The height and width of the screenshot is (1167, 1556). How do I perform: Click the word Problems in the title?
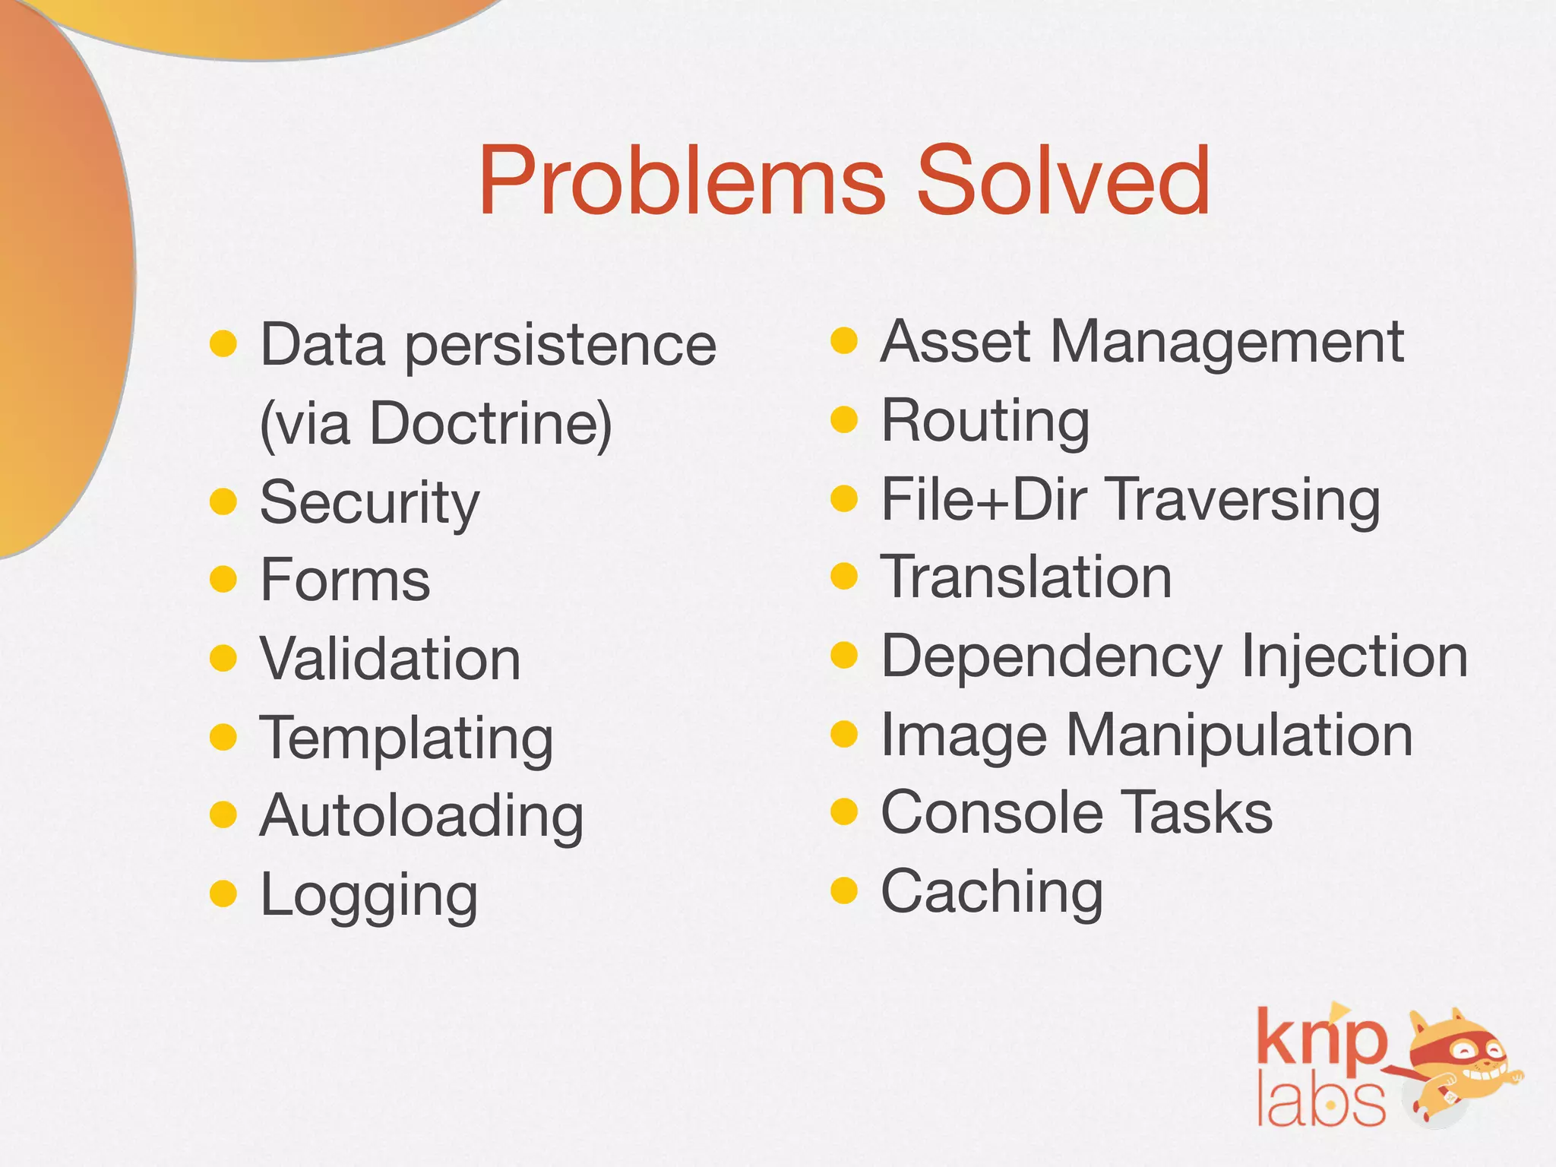[682, 182]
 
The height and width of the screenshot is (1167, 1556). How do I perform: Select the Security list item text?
[370, 503]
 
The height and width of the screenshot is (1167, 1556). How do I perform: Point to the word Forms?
[345, 580]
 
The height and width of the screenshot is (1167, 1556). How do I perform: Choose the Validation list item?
[391, 659]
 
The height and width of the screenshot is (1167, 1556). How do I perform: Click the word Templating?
[406, 738]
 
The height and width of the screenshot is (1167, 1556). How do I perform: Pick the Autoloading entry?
[422, 816]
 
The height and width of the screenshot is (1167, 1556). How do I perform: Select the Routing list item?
[985, 421]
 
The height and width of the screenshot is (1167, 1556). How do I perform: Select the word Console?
[991, 813]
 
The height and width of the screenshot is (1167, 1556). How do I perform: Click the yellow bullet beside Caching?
[844, 890]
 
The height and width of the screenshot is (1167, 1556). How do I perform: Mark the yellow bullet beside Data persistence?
[223, 343]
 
